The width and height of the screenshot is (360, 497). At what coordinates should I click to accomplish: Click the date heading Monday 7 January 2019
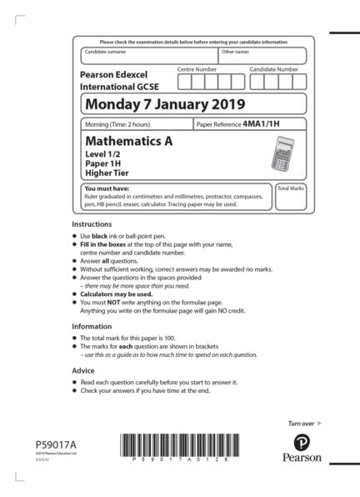pos(165,104)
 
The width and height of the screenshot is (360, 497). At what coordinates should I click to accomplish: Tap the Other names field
pos(262,56)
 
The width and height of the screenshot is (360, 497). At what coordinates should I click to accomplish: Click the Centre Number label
pos(197,69)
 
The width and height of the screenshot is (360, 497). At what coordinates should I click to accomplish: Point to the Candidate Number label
pos(273,69)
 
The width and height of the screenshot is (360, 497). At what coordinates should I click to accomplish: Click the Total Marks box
pos(290,198)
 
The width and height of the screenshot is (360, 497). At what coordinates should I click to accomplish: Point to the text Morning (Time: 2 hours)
pos(124,123)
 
